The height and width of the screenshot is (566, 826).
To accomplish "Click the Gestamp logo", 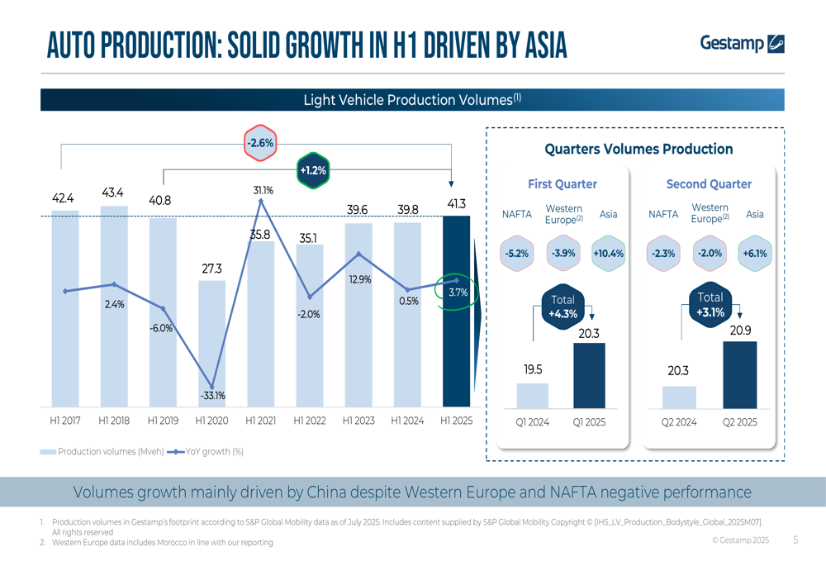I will click(x=741, y=43).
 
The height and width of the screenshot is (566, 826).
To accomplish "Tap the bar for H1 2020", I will click(x=211, y=343).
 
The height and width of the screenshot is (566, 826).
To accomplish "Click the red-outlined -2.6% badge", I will click(x=260, y=143).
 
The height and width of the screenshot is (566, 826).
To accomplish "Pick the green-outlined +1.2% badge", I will click(x=312, y=171).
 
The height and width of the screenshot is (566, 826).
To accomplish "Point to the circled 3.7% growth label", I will click(x=458, y=293).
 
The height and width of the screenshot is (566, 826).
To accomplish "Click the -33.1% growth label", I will click(x=212, y=396).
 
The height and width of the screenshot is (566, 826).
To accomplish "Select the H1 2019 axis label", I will click(x=163, y=421).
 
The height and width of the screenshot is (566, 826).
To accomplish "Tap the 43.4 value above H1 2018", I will click(x=113, y=193).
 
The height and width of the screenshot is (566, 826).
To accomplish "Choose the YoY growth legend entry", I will click(x=206, y=452).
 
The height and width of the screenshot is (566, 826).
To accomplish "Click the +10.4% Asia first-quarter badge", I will click(x=608, y=254).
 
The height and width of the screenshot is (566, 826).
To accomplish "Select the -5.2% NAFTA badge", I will click(x=516, y=254).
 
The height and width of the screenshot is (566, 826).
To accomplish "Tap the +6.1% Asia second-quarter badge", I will click(x=754, y=254).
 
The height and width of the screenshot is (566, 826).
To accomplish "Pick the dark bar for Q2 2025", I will click(x=739, y=375).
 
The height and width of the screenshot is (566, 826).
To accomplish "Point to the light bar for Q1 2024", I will click(x=533, y=396).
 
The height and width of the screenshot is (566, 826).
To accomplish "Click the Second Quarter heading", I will click(x=709, y=184).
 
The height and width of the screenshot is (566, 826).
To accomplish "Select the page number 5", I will click(x=795, y=540).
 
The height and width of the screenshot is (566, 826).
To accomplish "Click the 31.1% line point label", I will click(x=263, y=190).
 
